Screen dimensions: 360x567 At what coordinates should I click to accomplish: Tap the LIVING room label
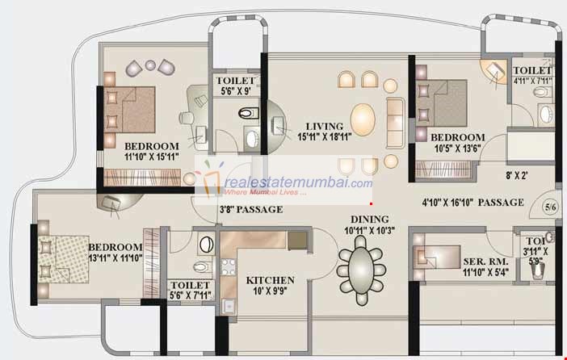pyautogui.click(x=324, y=127)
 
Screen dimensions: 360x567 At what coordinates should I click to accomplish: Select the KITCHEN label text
pyautogui.click(x=270, y=280)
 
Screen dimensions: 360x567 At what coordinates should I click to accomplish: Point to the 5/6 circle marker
pyautogui.click(x=550, y=207)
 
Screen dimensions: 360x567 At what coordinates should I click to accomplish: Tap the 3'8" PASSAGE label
pyautogui.click(x=250, y=210)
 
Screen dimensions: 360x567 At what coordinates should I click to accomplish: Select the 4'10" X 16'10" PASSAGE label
pyautogui.click(x=463, y=202)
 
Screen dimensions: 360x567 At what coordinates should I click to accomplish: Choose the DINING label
pyautogui.click(x=369, y=219)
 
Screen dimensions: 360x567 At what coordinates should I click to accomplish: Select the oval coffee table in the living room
pyautogui.click(x=363, y=118)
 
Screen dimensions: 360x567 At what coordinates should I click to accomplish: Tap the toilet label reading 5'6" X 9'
pyautogui.click(x=237, y=91)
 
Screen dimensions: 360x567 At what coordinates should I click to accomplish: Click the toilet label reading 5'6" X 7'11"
pyautogui.click(x=191, y=296)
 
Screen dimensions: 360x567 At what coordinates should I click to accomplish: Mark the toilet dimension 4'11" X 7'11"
pyautogui.click(x=532, y=80)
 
